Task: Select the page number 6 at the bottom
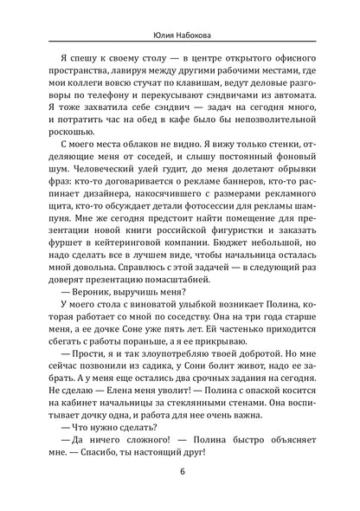[x=180, y=494]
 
